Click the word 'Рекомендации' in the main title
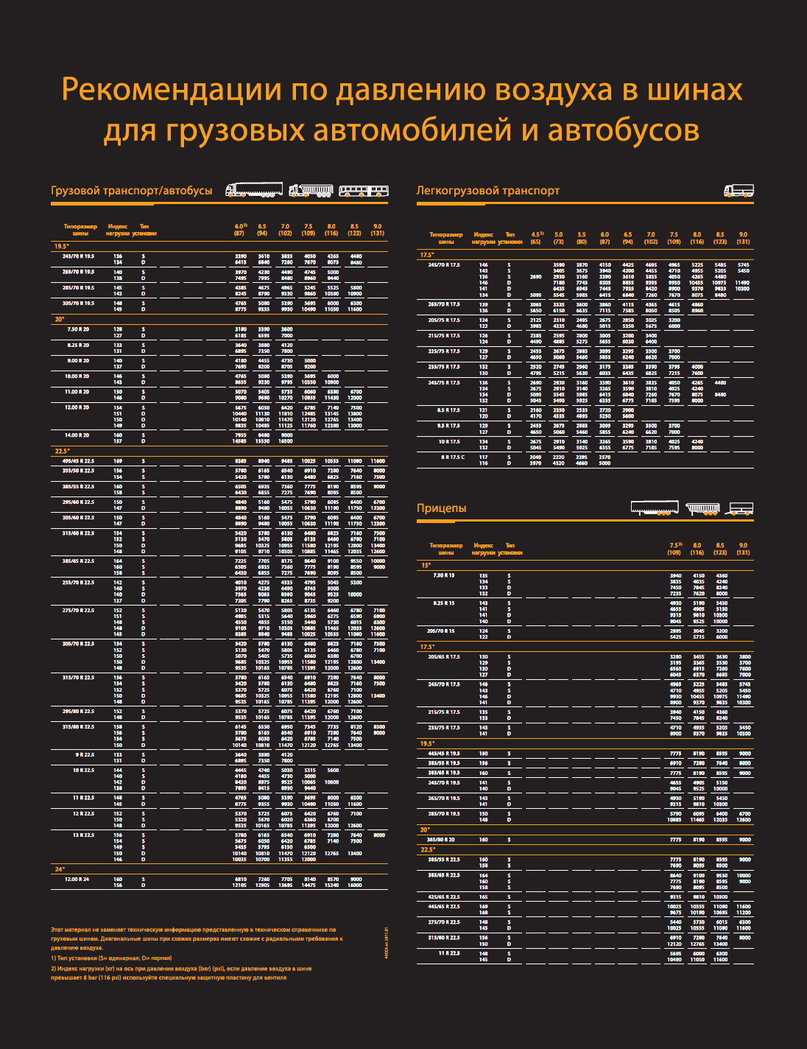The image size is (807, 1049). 172,90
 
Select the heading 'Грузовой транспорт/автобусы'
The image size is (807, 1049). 132,191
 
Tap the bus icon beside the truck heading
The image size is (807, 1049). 363,191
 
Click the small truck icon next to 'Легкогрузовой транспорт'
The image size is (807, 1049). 739,191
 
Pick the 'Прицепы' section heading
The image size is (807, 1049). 442,508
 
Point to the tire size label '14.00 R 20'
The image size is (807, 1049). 77,435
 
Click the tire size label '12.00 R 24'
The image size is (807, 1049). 77,879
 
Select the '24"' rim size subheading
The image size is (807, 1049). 60,869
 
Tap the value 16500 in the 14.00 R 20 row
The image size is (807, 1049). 286,441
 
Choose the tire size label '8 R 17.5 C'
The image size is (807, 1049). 453,457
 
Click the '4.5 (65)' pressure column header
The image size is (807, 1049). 536,238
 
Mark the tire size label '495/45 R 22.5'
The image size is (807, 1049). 77,461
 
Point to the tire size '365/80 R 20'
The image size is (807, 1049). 441,839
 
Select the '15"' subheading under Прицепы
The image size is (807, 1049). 426,566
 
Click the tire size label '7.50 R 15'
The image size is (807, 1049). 444,575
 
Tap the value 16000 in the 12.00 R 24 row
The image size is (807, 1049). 355,885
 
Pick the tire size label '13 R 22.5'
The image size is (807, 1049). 83,835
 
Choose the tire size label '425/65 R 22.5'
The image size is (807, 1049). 444,897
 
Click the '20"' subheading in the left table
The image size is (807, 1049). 59,320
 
